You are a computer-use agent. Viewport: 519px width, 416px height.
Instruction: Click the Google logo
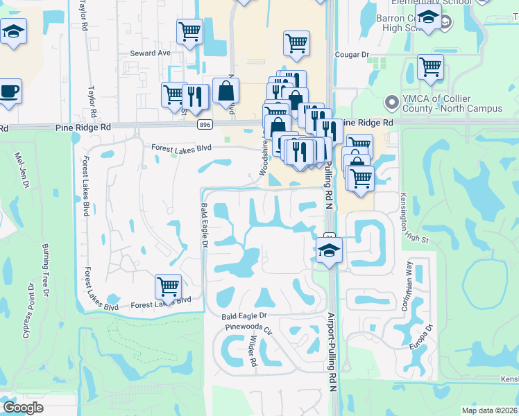pos(24,408)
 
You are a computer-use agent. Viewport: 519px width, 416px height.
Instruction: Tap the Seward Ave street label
pos(150,53)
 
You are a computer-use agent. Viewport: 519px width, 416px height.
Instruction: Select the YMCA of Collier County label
pos(452,103)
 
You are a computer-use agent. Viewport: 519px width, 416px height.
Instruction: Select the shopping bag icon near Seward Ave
pos(226,90)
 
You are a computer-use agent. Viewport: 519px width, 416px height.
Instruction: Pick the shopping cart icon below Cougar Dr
pos(430,67)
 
